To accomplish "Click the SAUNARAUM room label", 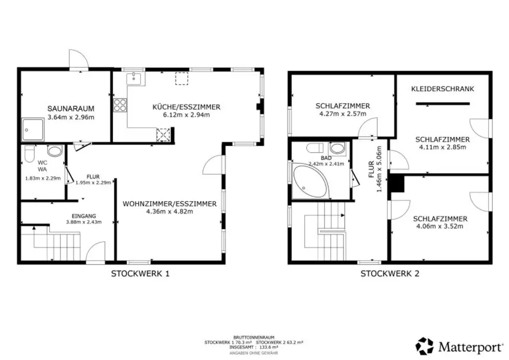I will coord(71,108).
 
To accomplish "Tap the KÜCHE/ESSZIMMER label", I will coord(186,107).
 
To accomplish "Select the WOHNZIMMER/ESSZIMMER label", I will coord(170,204).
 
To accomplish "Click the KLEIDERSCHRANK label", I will coord(442,89).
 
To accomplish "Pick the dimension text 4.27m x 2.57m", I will coord(342,114).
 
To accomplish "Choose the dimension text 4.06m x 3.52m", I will coord(439,226).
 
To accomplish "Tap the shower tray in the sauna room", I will coord(33,130).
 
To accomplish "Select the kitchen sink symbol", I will coord(135,78).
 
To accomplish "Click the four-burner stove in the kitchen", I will coord(120,105).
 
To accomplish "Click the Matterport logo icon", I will coord(424,346).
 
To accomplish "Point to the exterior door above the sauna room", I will coord(78,60).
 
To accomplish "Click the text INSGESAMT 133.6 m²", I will coord(254,347).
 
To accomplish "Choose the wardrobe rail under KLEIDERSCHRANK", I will coord(442,103).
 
